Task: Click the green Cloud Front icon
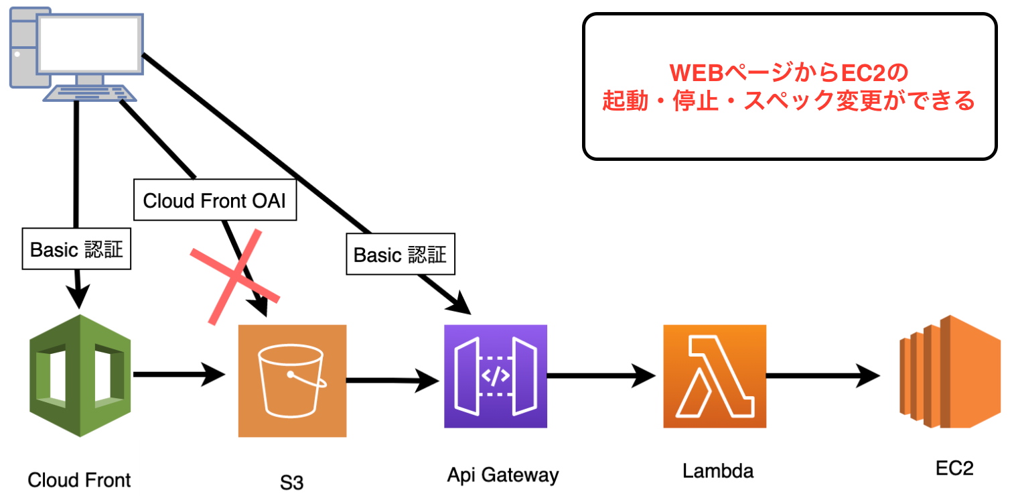(x=80, y=375)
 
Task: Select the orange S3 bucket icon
(x=293, y=381)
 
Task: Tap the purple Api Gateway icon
(x=496, y=376)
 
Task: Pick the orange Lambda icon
(x=715, y=376)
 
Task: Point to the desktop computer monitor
(x=89, y=44)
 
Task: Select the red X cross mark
(x=234, y=276)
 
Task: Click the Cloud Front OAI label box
(x=215, y=200)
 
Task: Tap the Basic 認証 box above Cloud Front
(x=76, y=249)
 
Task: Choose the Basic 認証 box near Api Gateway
(x=400, y=254)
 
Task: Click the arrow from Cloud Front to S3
(x=178, y=375)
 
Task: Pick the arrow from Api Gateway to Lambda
(x=600, y=377)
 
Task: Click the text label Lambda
(x=718, y=471)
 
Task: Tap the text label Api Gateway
(x=502, y=475)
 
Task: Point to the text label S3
(x=292, y=483)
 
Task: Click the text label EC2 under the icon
(x=954, y=468)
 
